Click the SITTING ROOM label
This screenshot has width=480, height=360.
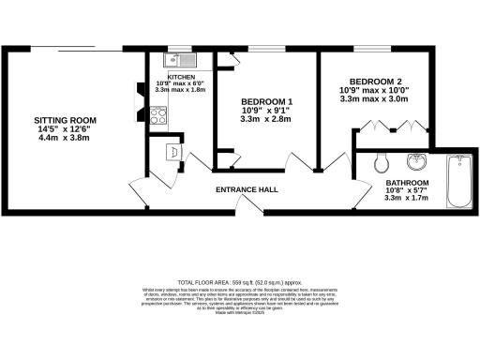pos(66,121)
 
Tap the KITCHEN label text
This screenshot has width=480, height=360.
pos(181,77)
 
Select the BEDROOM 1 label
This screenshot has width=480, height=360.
pos(267,101)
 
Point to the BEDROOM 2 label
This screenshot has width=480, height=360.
pos(374,81)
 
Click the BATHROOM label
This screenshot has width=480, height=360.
pos(407,183)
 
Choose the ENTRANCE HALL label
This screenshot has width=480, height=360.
pos(247,190)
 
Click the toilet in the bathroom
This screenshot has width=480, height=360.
pos(382,163)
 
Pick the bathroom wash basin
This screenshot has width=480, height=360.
pos(418,159)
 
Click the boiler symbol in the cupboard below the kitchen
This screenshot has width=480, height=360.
pos(172,151)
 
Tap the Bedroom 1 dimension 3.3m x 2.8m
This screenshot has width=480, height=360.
pos(267,120)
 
